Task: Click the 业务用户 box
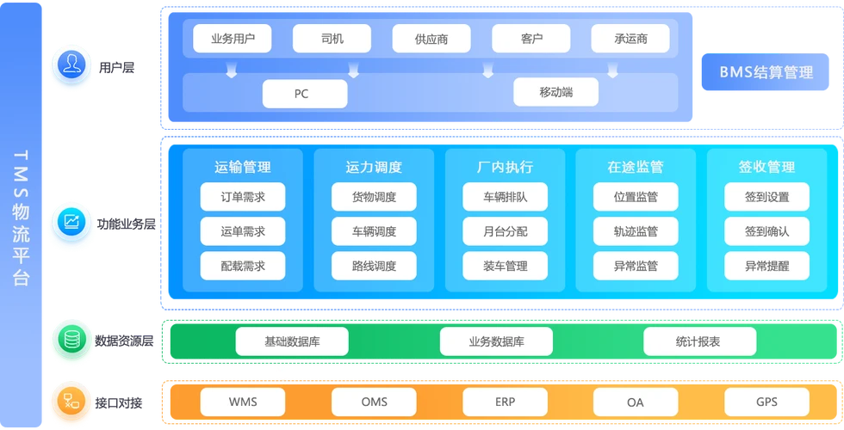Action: (x=232, y=39)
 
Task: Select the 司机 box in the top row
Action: (x=332, y=39)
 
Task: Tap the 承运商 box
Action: (x=630, y=39)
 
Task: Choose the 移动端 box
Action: (x=555, y=92)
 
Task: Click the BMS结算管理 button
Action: (x=766, y=73)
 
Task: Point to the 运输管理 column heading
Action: (x=243, y=167)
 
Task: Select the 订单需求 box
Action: (x=243, y=197)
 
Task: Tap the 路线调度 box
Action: (x=374, y=266)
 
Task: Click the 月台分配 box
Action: (x=505, y=231)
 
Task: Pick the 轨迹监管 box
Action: (x=636, y=231)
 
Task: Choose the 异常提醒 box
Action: (x=766, y=266)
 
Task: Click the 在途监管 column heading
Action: (x=636, y=167)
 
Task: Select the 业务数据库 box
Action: (x=496, y=341)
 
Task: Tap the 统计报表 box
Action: (x=699, y=341)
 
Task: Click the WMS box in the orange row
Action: (x=243, y=402)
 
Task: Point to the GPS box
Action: (x=766, y=402)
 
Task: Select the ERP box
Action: (x=505, y=402)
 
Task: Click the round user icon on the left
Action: (x=71, y=65)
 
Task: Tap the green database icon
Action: (x=71, y=339)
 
